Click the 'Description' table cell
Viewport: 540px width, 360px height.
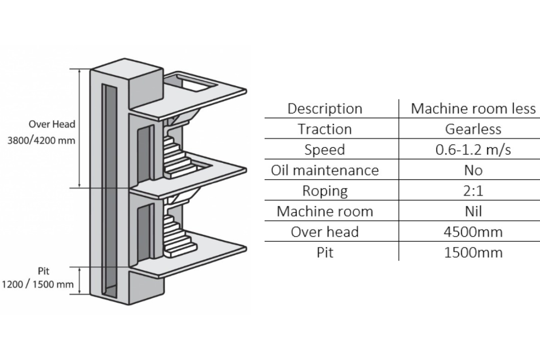(324, 109)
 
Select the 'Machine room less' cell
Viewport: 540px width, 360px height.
(473, 109)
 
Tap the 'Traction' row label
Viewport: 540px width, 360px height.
(324, 129)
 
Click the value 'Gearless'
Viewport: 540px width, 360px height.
(473, 129)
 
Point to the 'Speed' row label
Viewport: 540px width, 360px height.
(324, 150)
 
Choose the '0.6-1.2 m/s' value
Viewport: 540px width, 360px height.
(473, 150)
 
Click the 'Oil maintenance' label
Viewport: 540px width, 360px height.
(324, 171)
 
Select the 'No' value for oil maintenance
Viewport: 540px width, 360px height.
(473, 171)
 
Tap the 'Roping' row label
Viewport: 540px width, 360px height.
(324, 191)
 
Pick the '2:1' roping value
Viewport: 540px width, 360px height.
(473, 191)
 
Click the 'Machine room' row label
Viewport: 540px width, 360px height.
(324, 211)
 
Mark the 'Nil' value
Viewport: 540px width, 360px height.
(473, 211)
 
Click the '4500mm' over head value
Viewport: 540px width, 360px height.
(473, 232)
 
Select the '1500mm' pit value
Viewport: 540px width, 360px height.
(473, 252)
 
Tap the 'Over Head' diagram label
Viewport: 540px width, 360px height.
(52, 124)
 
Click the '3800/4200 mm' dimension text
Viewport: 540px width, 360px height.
(41, 140)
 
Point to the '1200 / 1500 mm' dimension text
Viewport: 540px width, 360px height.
(38, 284)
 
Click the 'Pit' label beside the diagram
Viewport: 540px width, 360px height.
(44, 271)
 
